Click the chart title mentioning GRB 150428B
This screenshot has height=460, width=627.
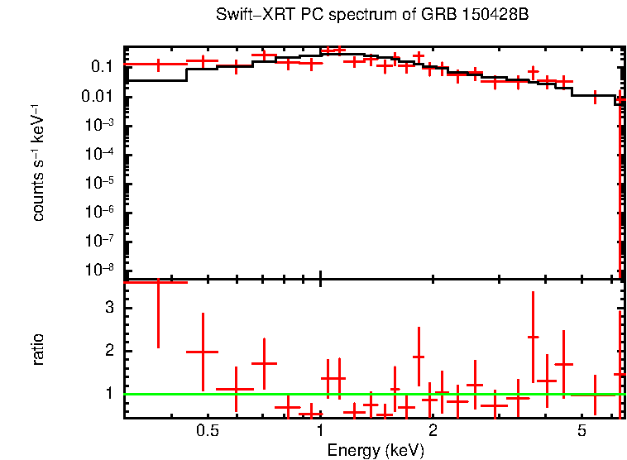[x=371, y=16]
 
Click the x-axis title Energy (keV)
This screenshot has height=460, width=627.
[x=376, y=450]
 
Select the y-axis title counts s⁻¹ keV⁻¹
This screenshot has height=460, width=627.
[x=39, y=162]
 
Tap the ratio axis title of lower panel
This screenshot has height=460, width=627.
[x=39, y=349]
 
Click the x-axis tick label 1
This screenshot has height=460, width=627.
[x=320, y=431]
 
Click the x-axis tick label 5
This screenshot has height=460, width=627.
[x=582, y=431]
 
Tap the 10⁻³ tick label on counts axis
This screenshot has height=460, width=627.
[x=102, y=125]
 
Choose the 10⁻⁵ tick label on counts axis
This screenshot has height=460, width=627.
[x=102, y=183]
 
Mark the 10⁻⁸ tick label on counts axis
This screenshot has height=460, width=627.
[x=102, y=270]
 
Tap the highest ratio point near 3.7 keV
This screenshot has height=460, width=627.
[x=533, y=337]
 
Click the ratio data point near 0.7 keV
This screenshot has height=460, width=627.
[x=264, y=363]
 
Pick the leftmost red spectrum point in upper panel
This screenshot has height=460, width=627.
[x=157, y=64]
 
